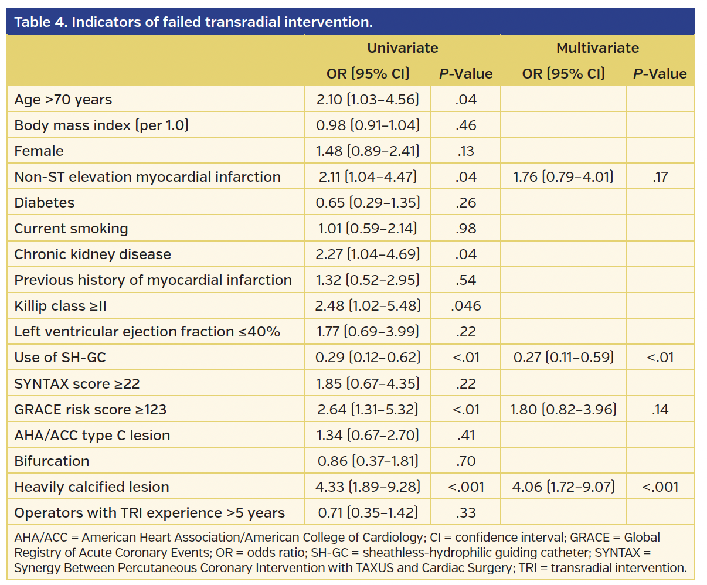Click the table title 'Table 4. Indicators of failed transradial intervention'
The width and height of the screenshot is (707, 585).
tap(193, 22)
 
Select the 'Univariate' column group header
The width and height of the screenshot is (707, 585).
tap(402, 48)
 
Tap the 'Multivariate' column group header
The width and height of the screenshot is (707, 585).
tap(597, 48)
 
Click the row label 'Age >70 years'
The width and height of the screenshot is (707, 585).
tap(63, 100)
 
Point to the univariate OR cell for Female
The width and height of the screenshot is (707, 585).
tap(368, 151)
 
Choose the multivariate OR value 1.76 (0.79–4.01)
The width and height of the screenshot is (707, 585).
tap(563, 177)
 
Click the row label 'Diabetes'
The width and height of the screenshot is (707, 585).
tap(45, 203)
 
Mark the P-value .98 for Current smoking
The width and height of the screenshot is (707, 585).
tap(465, 229)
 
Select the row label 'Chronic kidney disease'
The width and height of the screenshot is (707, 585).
tap(93, 254)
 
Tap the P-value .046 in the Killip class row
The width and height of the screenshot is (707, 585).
tap(465, 306)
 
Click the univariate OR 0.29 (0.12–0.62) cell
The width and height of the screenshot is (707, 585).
tap(368, 358)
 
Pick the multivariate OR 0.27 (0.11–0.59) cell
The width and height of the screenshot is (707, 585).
tap(563, 358)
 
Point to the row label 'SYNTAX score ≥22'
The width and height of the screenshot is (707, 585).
tap(77, 384)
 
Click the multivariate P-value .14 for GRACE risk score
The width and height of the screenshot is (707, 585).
tap(660, 410)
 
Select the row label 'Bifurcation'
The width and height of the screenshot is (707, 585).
tap(52, 461)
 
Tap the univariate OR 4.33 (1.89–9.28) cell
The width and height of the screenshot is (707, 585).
tap(368, 487)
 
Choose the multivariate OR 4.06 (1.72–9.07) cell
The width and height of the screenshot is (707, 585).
tap(563, 487)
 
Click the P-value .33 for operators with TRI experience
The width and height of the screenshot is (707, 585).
tap(465, 513)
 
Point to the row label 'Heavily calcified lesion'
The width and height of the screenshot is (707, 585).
tap(91, 487)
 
